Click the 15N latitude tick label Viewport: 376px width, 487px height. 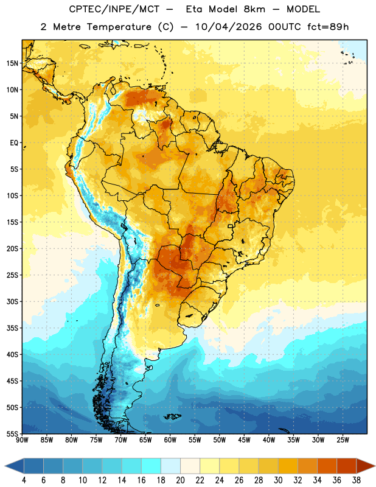coord(12,63)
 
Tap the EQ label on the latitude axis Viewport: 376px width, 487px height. coord(14,143)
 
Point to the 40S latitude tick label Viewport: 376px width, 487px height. coord(12,354)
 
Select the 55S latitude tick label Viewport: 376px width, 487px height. coord(12,433)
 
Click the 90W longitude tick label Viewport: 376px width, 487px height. coord(22,440)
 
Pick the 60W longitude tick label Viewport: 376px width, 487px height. coord(170,440)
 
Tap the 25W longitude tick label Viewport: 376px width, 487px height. coord(343,440)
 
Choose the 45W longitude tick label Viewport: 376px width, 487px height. coord(244,440)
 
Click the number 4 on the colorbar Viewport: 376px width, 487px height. coord(24,480)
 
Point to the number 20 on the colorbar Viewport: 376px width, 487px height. coord(180,480)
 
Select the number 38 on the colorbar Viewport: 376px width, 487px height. coord(356,480)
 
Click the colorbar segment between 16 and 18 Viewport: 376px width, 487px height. coord(151,466)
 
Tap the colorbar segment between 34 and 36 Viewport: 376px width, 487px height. coord(327,466)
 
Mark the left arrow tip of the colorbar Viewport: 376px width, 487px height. coord(5,466)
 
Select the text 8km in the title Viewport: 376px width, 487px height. coord(254,9)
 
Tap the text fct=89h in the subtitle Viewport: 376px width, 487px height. coord(328,27)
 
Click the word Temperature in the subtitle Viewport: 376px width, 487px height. coord(119,27)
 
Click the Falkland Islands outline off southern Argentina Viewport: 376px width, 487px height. coord(172,416)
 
